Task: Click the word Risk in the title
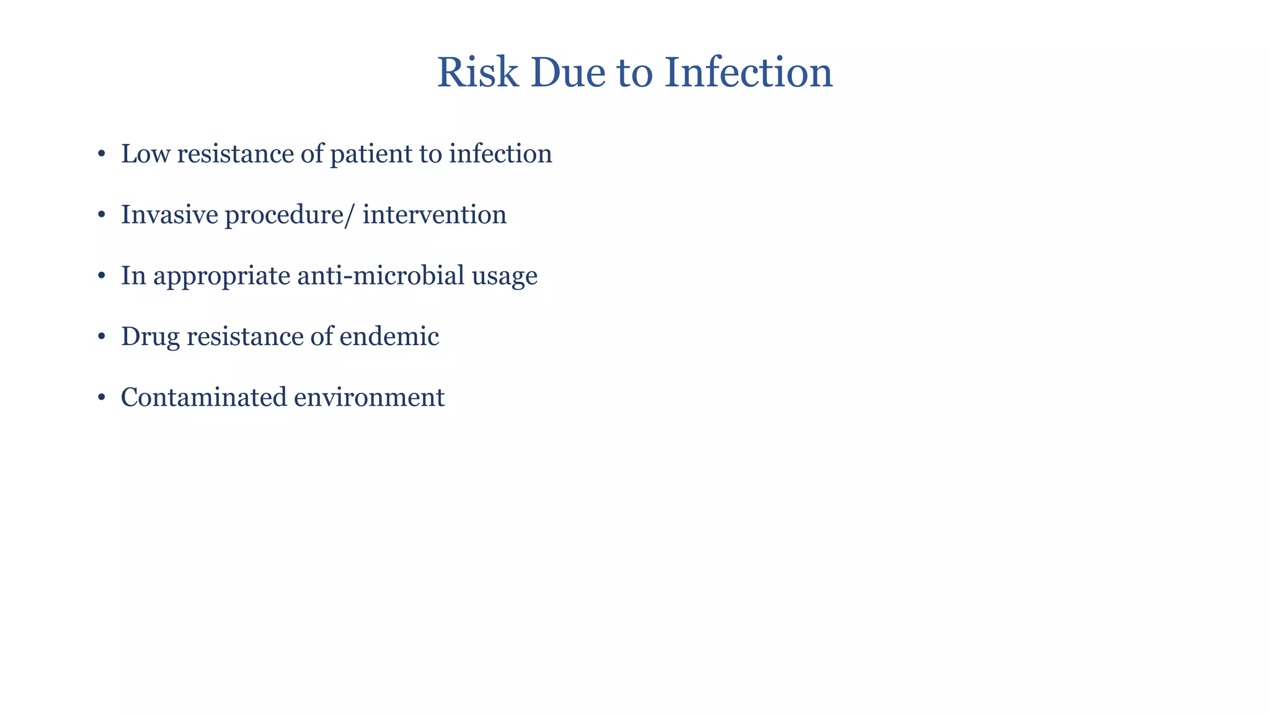(477, 73)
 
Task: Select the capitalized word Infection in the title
(748, 73)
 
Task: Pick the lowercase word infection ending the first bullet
(500, 154)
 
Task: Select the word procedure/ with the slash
(290, 215)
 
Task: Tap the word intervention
(434, 215)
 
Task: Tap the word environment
(369, 397)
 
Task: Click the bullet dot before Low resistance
(101, 154)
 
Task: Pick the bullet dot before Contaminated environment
(101, 397)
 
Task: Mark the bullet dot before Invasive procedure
(101, 215)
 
